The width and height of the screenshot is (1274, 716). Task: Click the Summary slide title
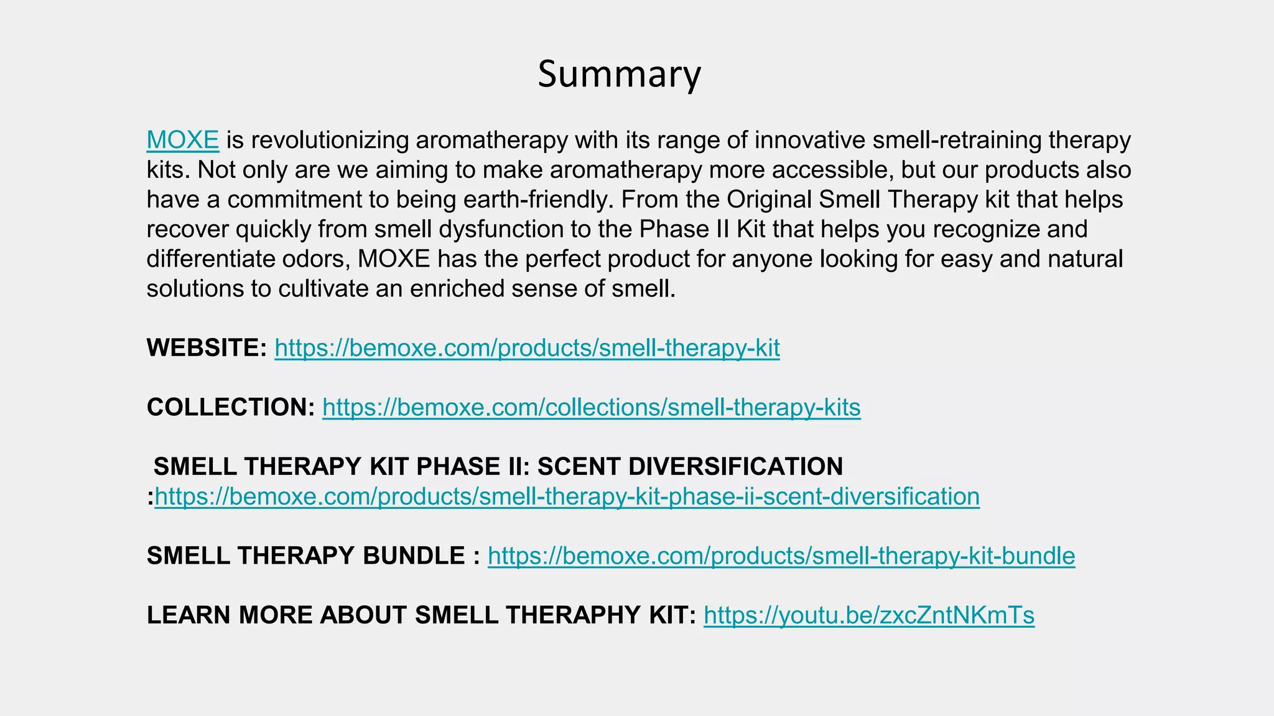619,74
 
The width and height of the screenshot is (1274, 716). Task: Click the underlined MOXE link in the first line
182,140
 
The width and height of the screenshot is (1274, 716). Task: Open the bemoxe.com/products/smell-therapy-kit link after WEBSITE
527,348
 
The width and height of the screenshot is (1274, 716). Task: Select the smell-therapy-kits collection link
591,408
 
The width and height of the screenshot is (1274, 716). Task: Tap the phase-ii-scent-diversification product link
567,497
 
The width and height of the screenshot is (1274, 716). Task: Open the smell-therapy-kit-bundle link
781,556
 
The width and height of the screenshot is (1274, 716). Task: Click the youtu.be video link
868,615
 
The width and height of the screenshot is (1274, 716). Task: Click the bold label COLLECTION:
231,408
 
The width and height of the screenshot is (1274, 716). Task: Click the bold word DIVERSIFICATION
690,467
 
